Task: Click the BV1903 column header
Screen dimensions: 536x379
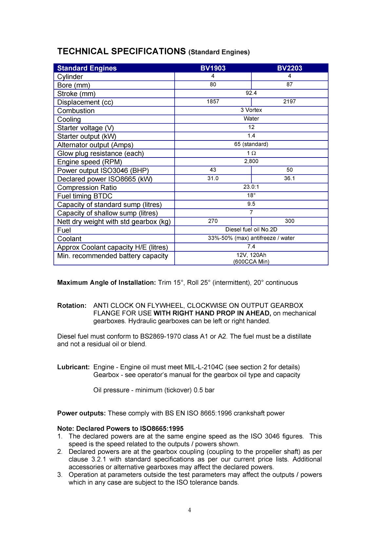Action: tap(213, 68)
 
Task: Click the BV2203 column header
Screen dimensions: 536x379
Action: tap(290, 68)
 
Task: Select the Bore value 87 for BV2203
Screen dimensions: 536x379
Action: tap(290, 84)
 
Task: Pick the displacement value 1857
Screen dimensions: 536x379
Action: tap(213, 102)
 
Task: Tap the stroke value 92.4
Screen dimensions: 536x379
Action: tap(251, 93)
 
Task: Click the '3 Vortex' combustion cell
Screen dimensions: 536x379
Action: tap(251, 110)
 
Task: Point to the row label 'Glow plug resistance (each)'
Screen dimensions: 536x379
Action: tap(101, 154)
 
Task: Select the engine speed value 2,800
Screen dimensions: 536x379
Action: tap(251, 161)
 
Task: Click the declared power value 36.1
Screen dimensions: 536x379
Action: tap(290, 178)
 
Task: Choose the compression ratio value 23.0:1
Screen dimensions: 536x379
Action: tap(251, 187)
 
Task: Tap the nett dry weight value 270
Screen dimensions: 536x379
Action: tap(213, 221)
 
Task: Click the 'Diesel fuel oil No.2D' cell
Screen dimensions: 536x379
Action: tap(251, 230)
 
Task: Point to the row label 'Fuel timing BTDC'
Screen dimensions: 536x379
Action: tap(85, 196)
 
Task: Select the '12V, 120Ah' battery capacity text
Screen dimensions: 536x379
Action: tap(251, 255)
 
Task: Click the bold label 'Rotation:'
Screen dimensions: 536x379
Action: tap(72, 305)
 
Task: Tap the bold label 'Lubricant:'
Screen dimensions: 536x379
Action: tap(73, 367)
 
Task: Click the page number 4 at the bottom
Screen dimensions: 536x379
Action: tap(189, 510)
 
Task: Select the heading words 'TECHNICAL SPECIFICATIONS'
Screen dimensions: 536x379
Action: tap(122, 51)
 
